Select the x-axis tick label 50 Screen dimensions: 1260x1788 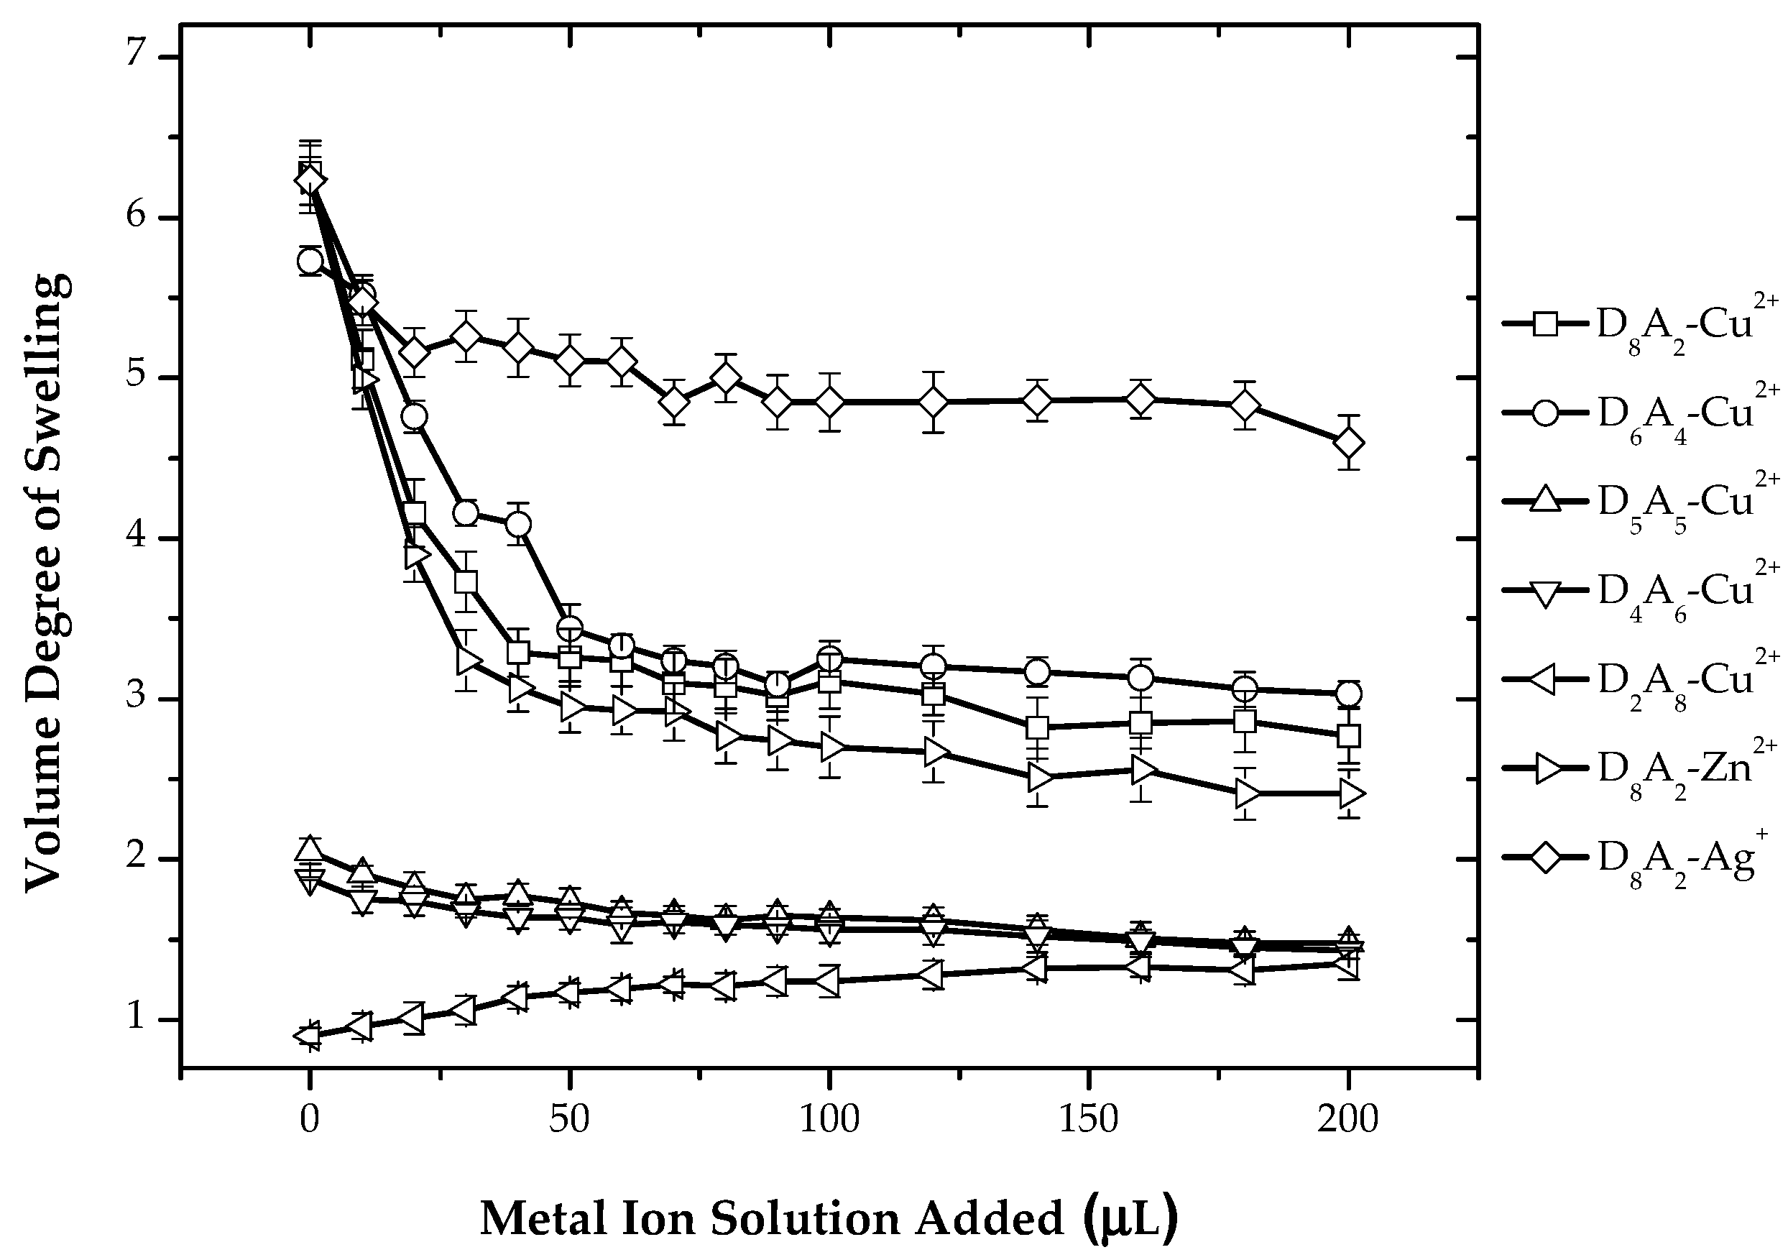click(568, 1120)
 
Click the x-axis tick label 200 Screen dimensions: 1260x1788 click(1347, 1120)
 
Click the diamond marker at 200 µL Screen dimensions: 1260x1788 click(1348, 443)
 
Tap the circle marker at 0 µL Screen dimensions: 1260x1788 click(310, 261)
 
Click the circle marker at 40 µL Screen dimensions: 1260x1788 click(518, 524)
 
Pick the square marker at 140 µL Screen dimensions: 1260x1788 click(1036, 727)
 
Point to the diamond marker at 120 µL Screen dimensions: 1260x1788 click(933, 402)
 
